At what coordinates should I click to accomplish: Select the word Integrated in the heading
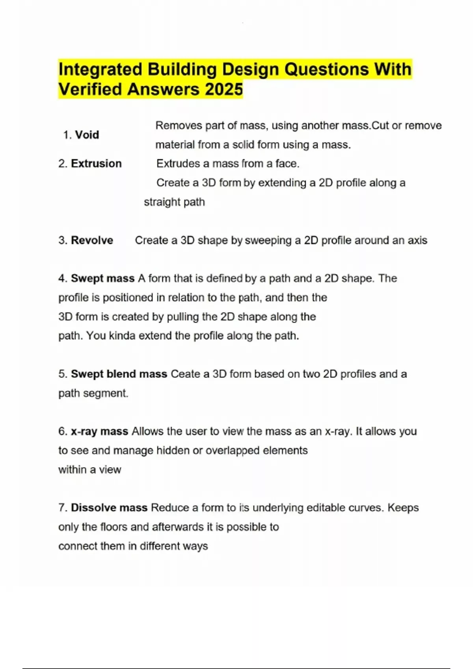(100, 70)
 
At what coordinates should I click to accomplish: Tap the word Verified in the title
(90, 89)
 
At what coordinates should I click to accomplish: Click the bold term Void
(87, 135)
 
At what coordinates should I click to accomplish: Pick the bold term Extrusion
(96, 164)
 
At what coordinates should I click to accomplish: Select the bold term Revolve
(92, 240)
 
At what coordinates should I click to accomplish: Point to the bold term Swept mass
(102, 279)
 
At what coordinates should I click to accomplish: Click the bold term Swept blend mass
(119, 374)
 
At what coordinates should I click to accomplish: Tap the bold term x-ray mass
(99, 431)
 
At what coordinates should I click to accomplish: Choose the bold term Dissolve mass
(109, 508)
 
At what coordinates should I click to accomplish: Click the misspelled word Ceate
(185, 374)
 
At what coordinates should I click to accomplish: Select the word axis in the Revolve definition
(417, 240)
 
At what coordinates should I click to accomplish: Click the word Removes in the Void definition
(173, 126)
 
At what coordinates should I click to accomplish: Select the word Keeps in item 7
(403, 508)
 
